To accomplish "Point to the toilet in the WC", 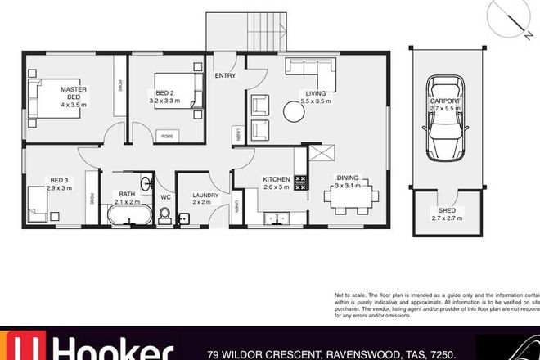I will tap(164, 214).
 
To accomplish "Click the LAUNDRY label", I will tap(204, 196).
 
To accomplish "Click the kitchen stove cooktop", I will tap(300, 182).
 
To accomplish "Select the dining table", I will tap(353, 197).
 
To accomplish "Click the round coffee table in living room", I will tap(294, 111).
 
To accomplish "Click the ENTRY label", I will tap(225, 75).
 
